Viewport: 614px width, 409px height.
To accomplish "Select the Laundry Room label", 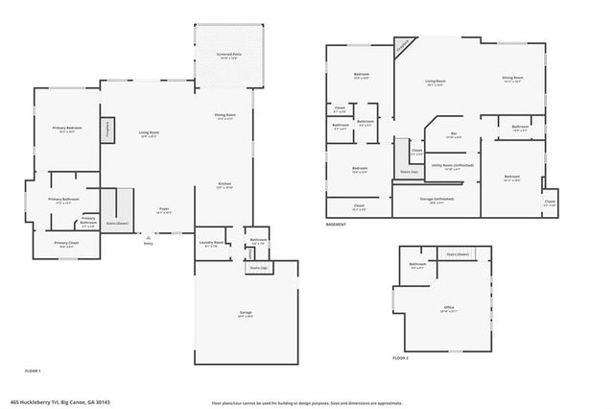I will click(x=212, y=244).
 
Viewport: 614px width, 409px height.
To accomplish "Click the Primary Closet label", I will click(x=66, y=244).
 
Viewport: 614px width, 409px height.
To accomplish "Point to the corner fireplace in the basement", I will click(x=404, y=45).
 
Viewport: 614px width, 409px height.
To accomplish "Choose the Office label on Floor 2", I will click(x=448, y=309).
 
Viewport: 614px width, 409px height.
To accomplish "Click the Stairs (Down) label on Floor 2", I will click(x=458, y=253).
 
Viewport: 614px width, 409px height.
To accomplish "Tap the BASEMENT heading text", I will click(x=336, y=224).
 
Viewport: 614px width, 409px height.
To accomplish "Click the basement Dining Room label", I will click(x=511, y=79).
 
